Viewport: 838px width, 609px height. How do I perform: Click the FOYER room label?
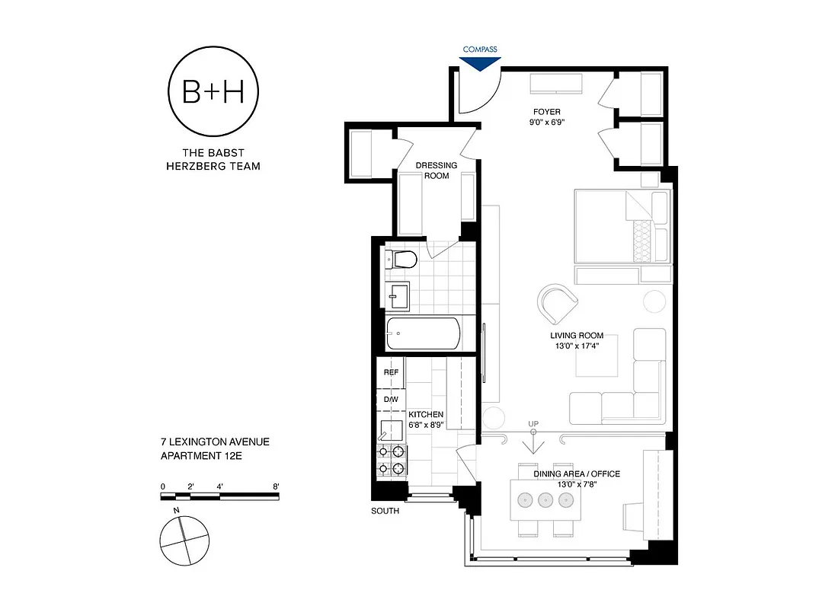tap(546, 112)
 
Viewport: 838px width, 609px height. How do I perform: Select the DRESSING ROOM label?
tap(437, 171)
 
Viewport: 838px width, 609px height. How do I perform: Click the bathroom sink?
tap(398, 296)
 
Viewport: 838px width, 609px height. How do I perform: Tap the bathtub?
tap(423, 333)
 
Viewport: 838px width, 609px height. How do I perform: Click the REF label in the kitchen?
tap(391, 372)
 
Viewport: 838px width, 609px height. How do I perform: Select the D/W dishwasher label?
tap(391, 399)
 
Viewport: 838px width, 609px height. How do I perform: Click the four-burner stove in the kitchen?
tap(392, 458)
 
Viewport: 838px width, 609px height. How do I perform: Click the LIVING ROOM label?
tap(577, 336)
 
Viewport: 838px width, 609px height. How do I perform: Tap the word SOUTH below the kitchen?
tap(385, 511)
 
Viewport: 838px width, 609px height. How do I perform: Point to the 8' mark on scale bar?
tap(276, 486)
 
